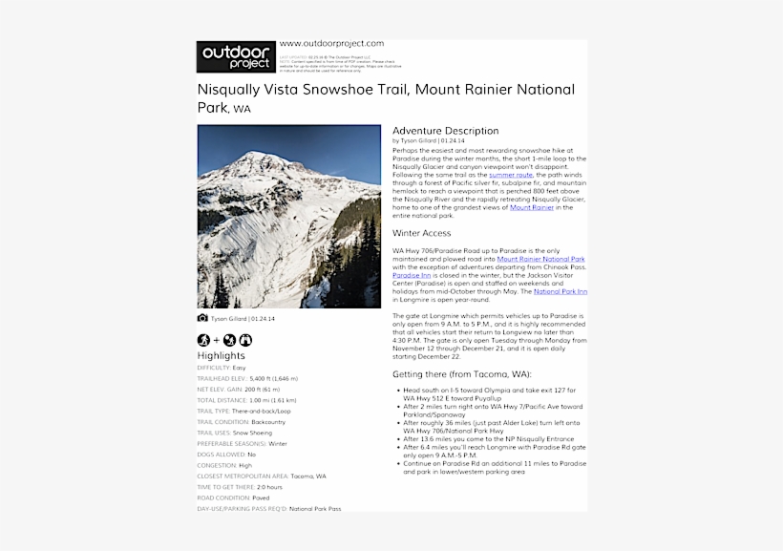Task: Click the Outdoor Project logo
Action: pos(236,56)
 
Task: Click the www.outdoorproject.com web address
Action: pos(331,43)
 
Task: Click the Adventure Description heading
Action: pos(445,131)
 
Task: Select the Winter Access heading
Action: pos(421,233)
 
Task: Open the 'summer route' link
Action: pos(510,176)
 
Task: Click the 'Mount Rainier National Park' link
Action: pos(540,259)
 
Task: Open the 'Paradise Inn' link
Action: pos(412,275)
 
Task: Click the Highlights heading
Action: pos(221,355)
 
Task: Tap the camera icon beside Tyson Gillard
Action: pos(202,318)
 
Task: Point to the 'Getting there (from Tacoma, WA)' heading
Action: pos(462,374)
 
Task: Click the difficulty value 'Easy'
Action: pos(239,368)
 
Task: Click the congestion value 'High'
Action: pos(245,465)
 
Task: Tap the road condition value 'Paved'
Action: pos(262,498)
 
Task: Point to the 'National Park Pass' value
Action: pos(314,509)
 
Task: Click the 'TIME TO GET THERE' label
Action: pos(225,487)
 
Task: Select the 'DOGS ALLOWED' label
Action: pos(221,455)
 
